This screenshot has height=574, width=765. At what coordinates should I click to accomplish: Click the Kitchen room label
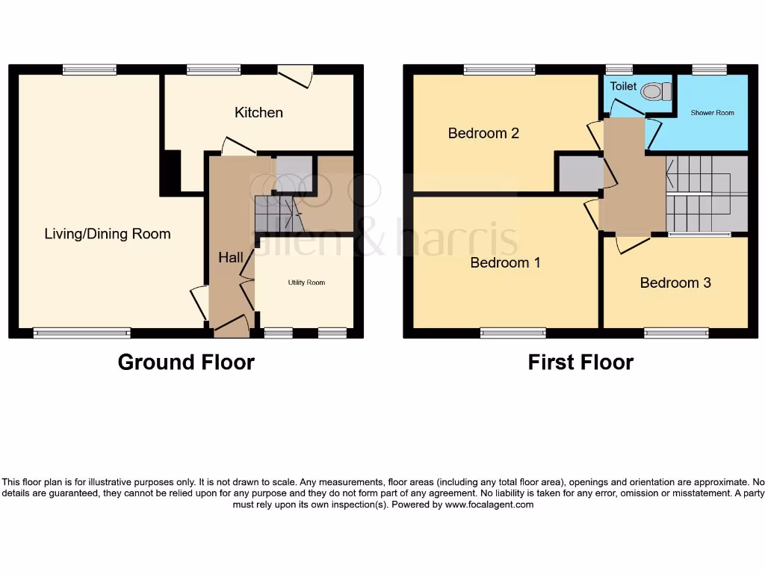click(258, 113)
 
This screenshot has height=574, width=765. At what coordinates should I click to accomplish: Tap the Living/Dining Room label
click(108, 234)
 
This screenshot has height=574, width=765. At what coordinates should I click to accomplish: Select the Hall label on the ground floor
click(231, 258)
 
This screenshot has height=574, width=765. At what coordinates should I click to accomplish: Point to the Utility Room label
click(306, 283)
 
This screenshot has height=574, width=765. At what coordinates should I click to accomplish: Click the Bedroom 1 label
click(505, 263)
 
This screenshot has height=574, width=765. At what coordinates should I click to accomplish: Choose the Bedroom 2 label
click(483, 133)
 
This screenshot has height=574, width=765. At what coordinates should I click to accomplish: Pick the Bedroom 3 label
click(675, 283)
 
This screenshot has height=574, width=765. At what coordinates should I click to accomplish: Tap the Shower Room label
click(712, 113)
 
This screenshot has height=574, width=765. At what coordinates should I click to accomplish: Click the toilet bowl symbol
click(655, 91)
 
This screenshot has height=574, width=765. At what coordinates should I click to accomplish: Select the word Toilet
click(623, 87)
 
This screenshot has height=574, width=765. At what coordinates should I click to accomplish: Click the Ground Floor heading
click(186, 362)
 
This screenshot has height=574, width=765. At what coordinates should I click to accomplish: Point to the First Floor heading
click(580, 362)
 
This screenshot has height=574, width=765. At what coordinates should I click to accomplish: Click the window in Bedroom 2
click(499, 70)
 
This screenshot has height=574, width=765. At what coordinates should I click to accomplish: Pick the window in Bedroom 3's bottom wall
click(676, 333)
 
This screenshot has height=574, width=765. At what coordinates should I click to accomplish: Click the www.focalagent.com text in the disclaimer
click(490, 504)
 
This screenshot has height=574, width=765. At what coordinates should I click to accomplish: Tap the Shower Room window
click(709, 70)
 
